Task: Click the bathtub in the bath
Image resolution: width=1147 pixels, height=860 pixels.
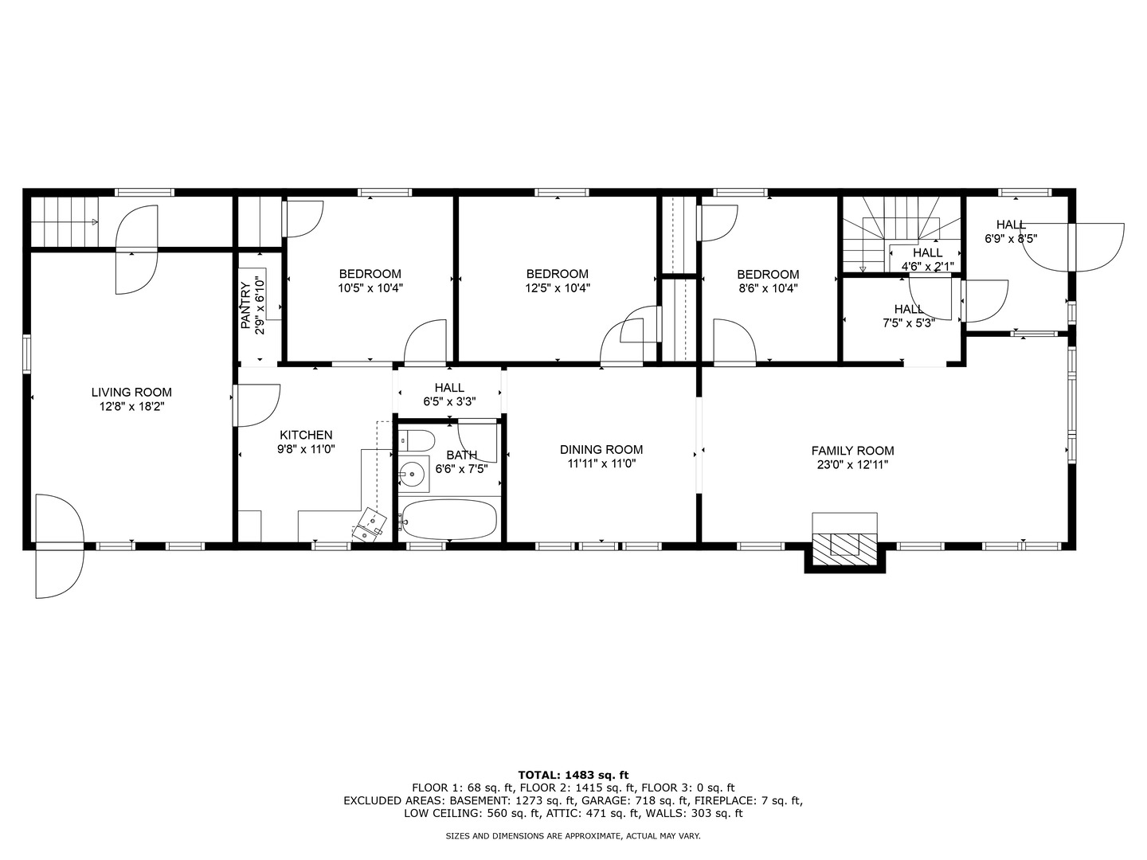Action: point(449,519)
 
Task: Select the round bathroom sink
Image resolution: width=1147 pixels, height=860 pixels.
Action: point(413,475)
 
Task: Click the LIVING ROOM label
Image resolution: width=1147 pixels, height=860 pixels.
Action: point(131,392)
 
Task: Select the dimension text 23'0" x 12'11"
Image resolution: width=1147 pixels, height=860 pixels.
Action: point(852,465)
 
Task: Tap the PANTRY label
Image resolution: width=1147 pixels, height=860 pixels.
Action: point(246,305)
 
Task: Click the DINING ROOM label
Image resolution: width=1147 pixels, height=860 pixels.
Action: point(601,449)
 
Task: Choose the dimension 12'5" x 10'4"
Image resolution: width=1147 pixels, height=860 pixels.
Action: point(557,288)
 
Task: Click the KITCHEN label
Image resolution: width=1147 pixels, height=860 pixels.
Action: point(306,435)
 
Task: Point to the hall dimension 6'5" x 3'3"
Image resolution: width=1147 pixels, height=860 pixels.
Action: point(449,402)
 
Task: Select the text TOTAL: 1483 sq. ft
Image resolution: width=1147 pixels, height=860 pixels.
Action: point(573,774)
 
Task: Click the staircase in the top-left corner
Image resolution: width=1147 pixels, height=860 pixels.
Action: point(64,221)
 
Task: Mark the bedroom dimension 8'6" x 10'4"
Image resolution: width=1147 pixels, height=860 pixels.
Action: point(767,288)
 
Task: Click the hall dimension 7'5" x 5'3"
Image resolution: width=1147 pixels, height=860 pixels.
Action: point(908,322)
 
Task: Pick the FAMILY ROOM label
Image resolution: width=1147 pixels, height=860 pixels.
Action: point(852,450)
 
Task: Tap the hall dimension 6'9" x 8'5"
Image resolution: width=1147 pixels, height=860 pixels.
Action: point(1011,238)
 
